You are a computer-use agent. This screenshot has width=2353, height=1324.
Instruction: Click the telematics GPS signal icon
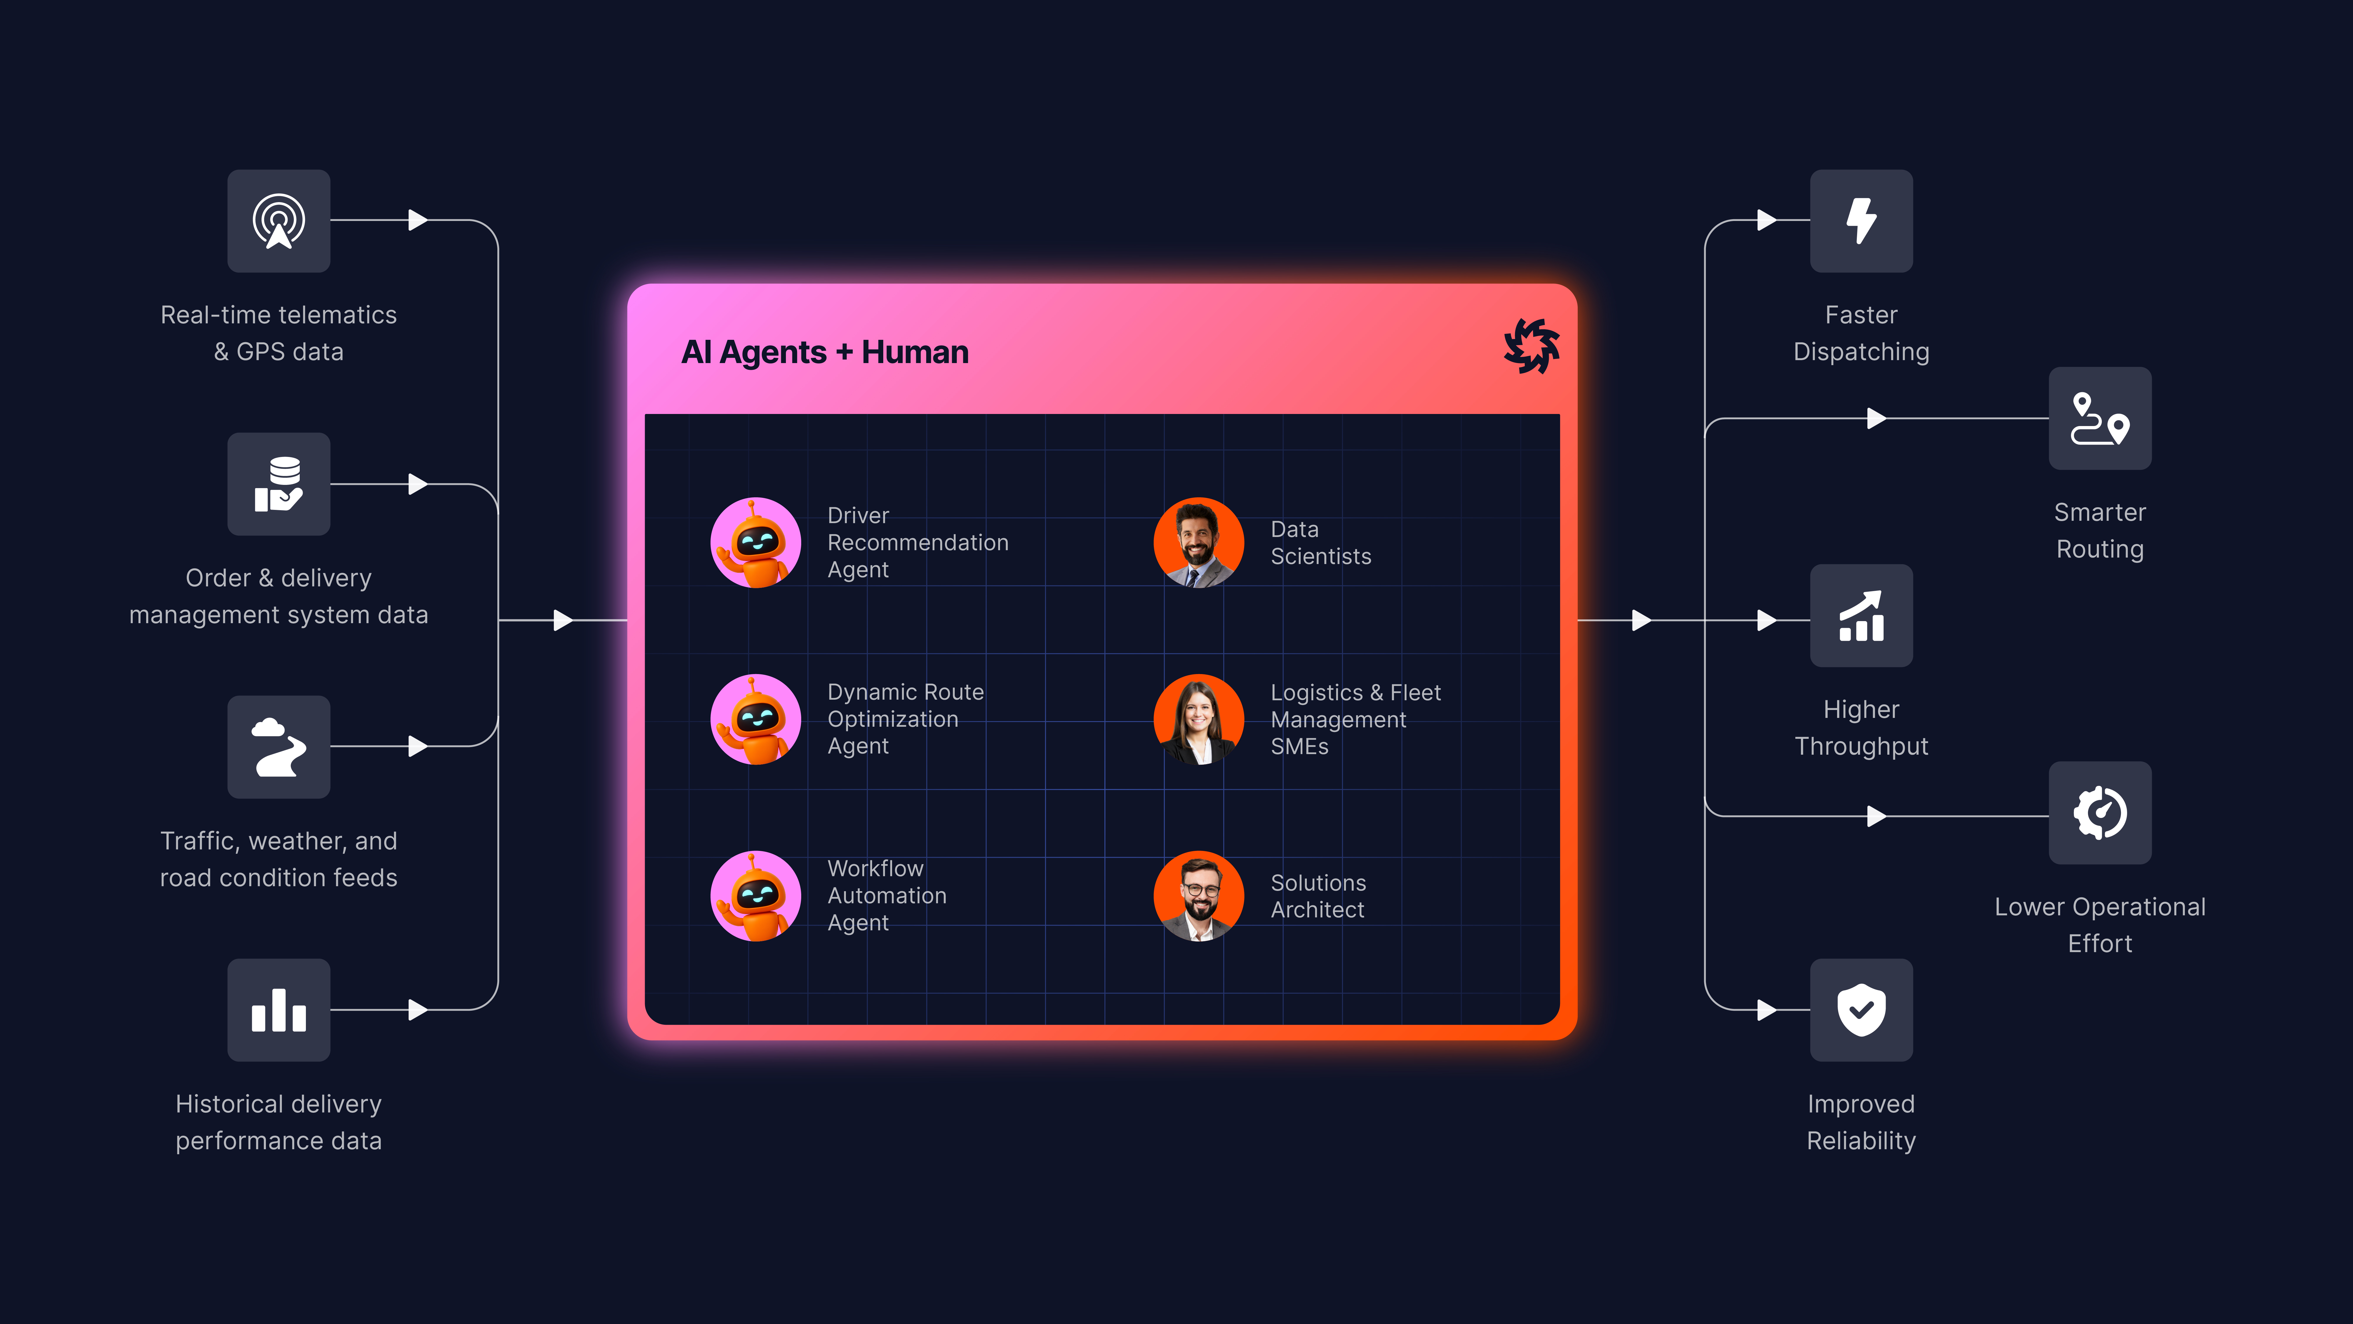click(x=279, y=221)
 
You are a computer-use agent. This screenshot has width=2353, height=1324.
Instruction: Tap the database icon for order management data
click(x=279, y=484)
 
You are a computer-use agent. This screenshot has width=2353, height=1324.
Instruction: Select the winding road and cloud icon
click(x=279, y=747)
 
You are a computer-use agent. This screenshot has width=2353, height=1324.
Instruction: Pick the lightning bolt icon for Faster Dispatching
click(x=1861, y=221)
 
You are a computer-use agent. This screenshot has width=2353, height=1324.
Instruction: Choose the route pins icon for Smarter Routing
click(x=2099, y=418)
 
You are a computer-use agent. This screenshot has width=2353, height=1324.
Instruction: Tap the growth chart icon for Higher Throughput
click(x=1861, y=616)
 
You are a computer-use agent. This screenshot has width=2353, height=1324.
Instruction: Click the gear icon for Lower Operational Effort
click(x=2099, y=813)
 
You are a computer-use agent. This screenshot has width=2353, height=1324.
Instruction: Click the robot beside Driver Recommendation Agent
click(x=755, y=543)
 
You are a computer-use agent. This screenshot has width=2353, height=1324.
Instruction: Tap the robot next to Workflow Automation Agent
click(x=755, y=896)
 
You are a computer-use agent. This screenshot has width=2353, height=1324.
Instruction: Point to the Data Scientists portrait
click(x=1199, y=543)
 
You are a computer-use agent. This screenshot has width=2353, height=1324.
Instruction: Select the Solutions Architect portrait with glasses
click(x=1199, y=896)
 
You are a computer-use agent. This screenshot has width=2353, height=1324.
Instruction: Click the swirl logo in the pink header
click(x=1532, y=346)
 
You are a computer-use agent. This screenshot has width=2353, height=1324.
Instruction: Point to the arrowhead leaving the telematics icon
click(x=417, y=220)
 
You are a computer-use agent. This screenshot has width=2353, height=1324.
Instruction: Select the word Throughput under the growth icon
click(x=1861, y=746)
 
